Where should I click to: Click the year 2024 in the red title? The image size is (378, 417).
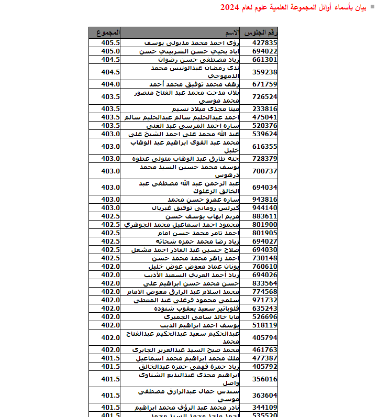coord(229,7)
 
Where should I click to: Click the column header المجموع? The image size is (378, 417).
coord(108,33)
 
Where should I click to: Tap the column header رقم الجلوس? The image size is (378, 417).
coord(262,33)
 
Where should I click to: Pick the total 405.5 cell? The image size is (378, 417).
coord(110,43)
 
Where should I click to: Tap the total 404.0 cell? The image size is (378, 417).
coord(110,84)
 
